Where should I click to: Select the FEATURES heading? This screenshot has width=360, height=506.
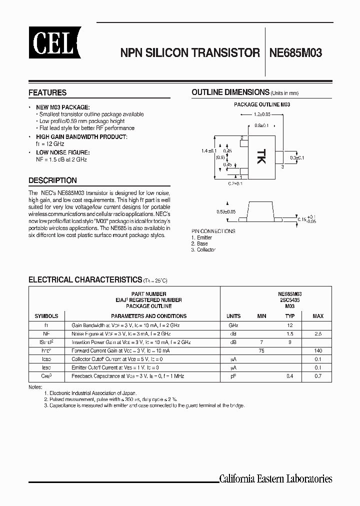[47, 93]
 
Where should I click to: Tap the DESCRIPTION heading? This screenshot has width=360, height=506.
[52, 180]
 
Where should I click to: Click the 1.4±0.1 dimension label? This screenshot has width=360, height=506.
[209, 150]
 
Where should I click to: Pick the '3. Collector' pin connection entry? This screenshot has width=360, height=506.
[203, 249]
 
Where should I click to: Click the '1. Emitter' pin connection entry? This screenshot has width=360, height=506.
[202, 237]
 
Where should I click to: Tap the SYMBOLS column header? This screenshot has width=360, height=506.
[46, 316]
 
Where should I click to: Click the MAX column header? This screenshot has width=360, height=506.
[318, 316]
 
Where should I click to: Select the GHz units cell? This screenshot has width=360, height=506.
[233, 325]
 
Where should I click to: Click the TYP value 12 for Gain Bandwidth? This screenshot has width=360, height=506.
[290, 325]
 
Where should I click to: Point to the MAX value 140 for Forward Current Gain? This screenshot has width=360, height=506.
[318, 351]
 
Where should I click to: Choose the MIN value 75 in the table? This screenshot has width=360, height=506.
[261, 351]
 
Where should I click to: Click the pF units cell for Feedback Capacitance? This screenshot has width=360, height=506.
[233, 375]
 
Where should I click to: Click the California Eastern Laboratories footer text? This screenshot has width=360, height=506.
[275, 479]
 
